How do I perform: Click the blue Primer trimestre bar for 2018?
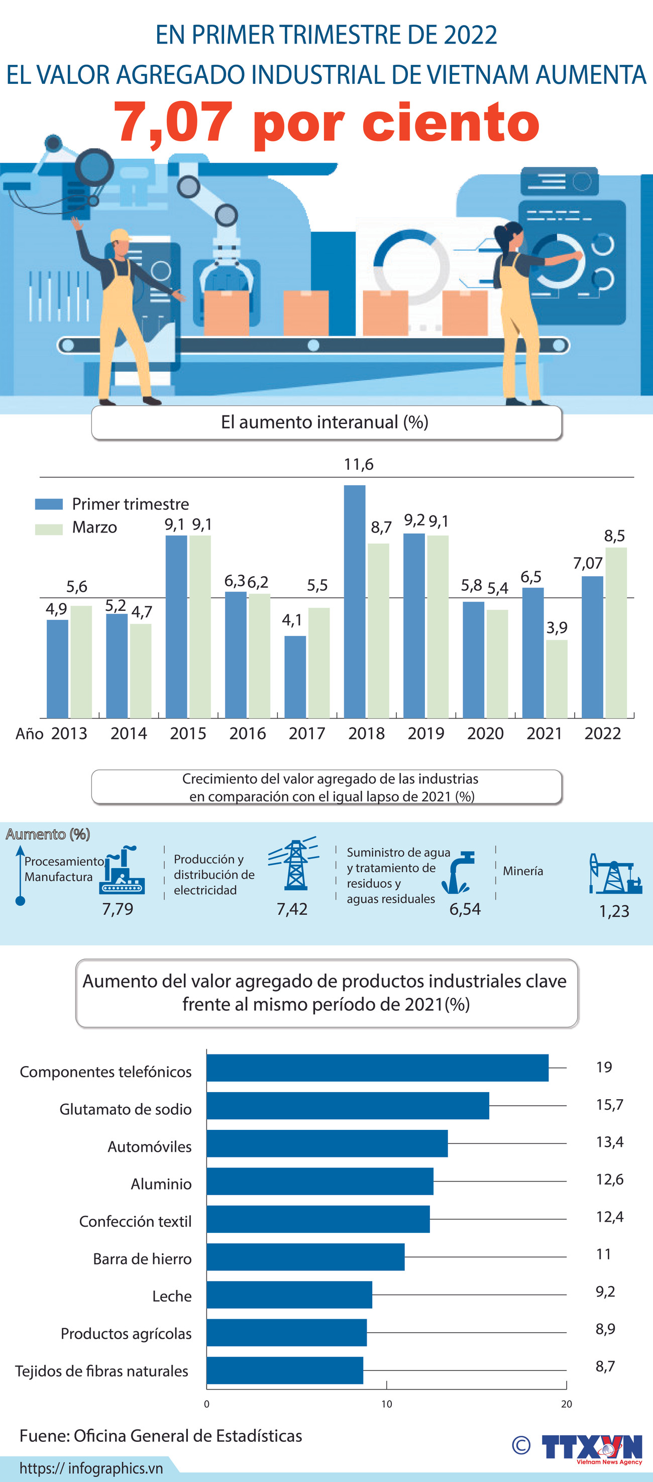(355, 601)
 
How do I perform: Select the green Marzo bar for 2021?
(557, 679)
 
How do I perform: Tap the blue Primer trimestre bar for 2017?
(295, 677)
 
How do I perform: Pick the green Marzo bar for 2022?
(616, 632)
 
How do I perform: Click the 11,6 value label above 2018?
(359, 464)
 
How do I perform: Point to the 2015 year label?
(188, 733)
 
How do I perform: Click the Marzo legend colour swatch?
(49, 528)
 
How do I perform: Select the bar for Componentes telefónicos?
(377, 1068)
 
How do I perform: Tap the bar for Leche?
(289, 1295)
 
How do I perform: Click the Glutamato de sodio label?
(126, 1109)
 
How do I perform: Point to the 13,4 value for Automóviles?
(609, 1141)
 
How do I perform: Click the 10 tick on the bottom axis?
(387, 1404)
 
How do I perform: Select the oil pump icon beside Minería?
(614, 874)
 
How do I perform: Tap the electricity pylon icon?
(294, 864)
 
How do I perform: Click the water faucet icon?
(459, 872)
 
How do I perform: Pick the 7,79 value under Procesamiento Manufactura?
(118, 909)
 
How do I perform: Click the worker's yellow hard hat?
(121, 235)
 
